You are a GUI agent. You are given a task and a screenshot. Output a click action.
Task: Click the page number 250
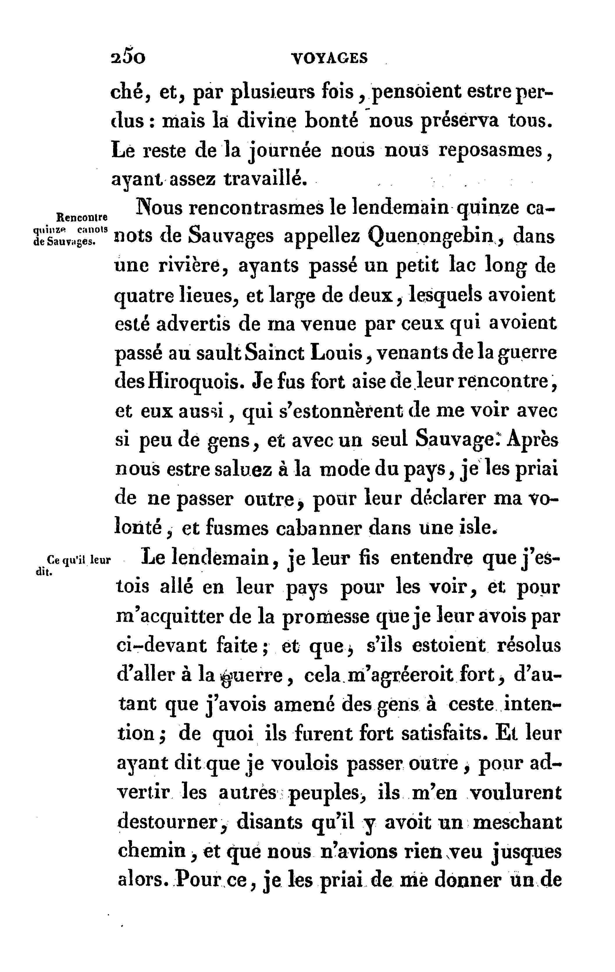[x=128, y=58]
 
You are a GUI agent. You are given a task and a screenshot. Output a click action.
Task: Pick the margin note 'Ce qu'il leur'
[x=79, y=560]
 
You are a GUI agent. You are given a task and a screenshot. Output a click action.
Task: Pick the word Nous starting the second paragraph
[x=158, y=208]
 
